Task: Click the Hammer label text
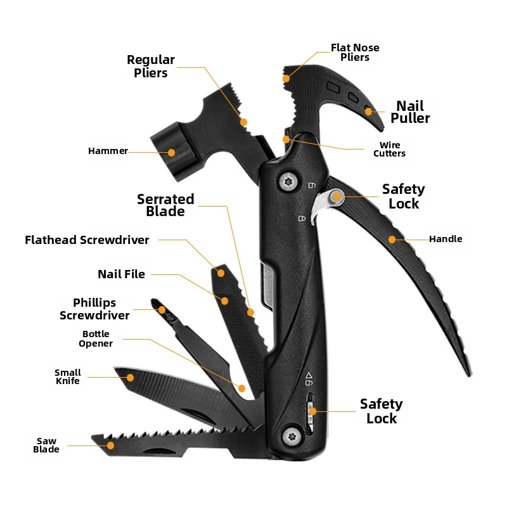pos(108,151)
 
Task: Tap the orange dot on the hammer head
pos(171,153)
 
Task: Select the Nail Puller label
pos(410,112)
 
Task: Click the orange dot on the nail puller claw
pos(368,112)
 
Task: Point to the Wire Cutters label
pos(389,149)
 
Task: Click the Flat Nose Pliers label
pos(355,53)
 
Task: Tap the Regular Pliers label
pos(151,67)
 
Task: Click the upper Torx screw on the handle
pos(288,182)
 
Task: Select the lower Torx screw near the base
pos(292,437)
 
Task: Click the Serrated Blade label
pos(165,205)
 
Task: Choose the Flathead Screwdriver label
pos(87,240)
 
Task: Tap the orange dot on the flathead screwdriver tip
pos(221,273)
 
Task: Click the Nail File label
pos(121,274)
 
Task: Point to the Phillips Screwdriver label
pos(94,309)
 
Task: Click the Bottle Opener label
pos(96,338)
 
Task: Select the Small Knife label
pos(68,376)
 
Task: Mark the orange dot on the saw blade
pos(110,446)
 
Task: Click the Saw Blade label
pos(46,446)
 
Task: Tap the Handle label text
pos(446,239)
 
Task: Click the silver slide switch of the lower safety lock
pos(310,413)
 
